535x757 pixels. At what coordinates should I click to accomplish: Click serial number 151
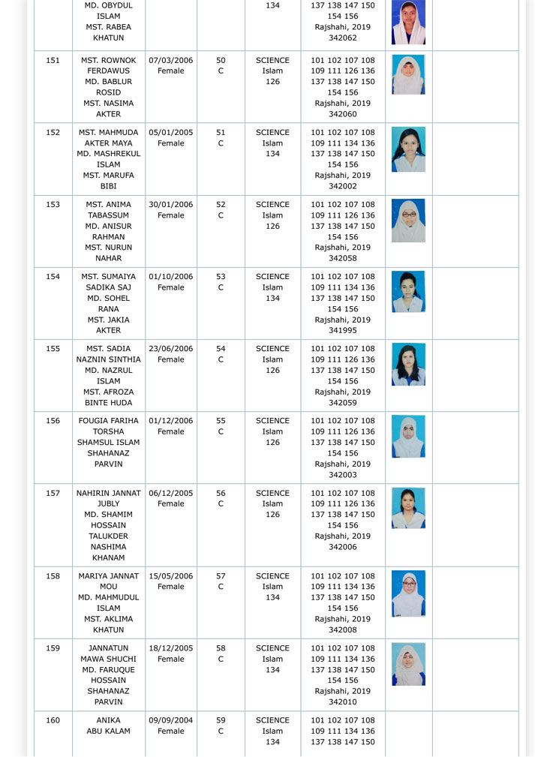click(53, 61)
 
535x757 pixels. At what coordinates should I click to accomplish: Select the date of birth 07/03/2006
click(170, 61)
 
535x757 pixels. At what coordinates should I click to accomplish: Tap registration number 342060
click(342, 115)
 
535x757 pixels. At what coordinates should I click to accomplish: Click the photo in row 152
click(408, 149)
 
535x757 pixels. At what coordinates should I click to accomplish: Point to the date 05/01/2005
click(170, 133)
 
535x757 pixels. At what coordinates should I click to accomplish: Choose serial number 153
click(53, 205)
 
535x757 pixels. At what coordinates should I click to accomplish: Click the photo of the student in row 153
click(408, 221)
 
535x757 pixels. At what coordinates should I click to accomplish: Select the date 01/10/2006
click(170, 277)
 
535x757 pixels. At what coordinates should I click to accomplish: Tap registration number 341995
click(342, 331)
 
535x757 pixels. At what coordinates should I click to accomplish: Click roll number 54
click(221, 349)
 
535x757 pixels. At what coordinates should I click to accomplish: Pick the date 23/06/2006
click(170, 349)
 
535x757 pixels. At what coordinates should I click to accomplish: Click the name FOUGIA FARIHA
click(109, 421)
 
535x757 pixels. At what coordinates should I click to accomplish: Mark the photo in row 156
click(408, 437)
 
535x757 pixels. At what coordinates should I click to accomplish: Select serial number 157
click(53, 494)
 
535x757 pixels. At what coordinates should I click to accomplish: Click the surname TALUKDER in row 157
click(109, 536)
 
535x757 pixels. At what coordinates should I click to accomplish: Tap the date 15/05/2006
click(170, 576)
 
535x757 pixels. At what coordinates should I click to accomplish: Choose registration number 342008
click(342, 630)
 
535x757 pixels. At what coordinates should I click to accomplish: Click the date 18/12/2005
click(170, 648)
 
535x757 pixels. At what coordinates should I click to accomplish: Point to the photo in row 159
click(408, 664)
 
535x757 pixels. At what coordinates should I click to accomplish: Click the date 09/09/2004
click(170, 720)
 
